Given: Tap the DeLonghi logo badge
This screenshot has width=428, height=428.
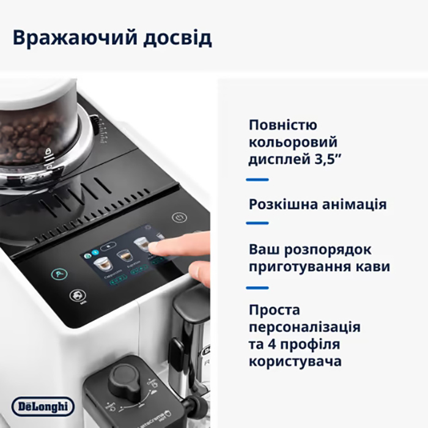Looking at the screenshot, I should tap(43, 406).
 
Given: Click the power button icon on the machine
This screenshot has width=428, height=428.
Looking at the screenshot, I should tap(179, 217).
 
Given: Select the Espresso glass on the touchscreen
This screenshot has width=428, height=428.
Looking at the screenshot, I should tap(125, 255).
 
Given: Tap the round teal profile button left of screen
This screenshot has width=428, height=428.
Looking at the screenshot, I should tap(59, 275).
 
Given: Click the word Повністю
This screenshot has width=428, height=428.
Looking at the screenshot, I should tap(283, 125).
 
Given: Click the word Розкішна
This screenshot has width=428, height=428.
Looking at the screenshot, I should tap(281, 204).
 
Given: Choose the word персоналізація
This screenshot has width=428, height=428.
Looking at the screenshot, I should tap(304, 327).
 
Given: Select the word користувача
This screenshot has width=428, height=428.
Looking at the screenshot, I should tap(295, 361).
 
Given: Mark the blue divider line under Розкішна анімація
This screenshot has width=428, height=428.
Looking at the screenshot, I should tap(257, 223).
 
